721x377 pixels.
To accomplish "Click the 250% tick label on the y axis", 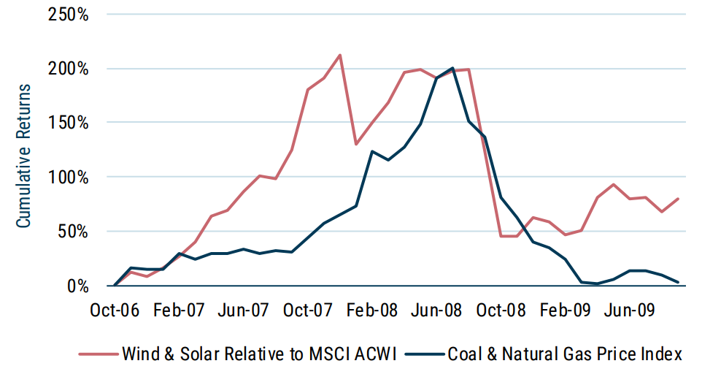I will pyautogui.click(x=68, y=15).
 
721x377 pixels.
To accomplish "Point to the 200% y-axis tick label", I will pyautogui.click(x=68, y=69).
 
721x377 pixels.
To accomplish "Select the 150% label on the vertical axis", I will pyautogui.click(x=68, y=123).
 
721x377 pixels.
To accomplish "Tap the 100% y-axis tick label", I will pyautogui.click(x=68, y=177).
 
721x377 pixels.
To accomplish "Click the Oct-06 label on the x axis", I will pyautogui.click(x=115, y=310).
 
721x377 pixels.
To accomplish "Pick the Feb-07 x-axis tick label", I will pyautogui.click(x=179, y=310).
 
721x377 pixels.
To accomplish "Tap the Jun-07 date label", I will pyautogui.click(x=243, y=310).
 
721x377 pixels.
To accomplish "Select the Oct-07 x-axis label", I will pyautogui.click(x=307, y=310).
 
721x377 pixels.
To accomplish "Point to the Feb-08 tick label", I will pyautogui.click(x=372, y=310).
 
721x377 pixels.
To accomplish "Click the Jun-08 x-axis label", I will pyautogui.click(x=436, y=310).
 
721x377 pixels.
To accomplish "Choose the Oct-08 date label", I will pyautogui.click(x=501, y=310).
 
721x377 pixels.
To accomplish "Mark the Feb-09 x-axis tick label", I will pyautogui.click(x=565, y=310).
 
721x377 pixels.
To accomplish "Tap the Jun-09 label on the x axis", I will pyautogui.click(x=629, y=310).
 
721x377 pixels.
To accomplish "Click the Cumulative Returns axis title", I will pyautogui.click(x=24, y=156).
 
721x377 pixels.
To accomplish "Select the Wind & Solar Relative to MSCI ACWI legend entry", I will pyautogui.click(x=241, y=354).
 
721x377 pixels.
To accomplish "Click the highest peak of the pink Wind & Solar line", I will pyautogui.click(x=340, y=55).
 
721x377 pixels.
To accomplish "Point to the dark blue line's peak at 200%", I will pyautogui.click(x=452, y=68).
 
